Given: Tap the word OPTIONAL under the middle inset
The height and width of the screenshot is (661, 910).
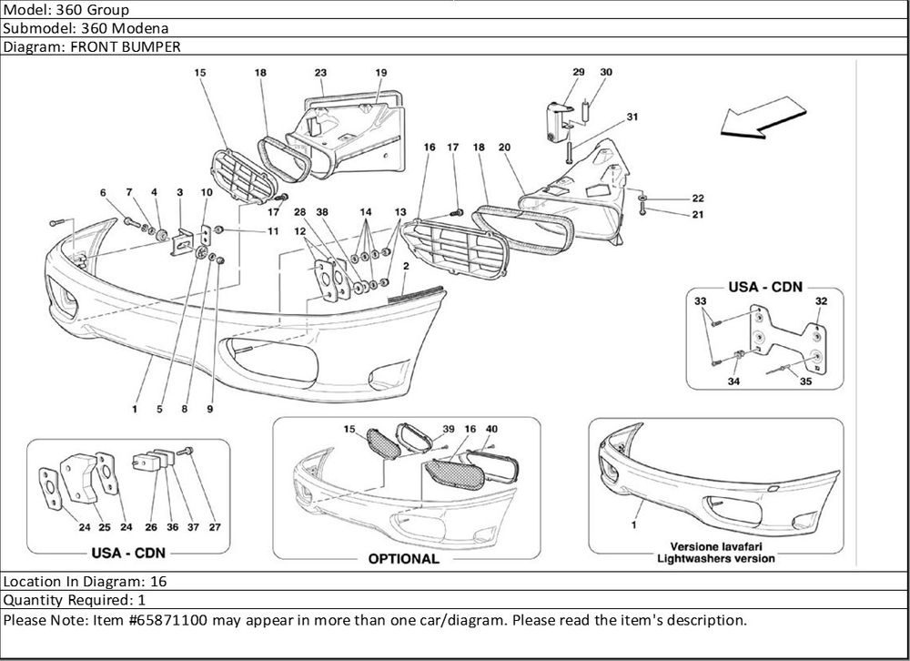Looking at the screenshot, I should coord(404,558).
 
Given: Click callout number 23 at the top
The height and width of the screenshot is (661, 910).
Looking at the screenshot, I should coord(320,72).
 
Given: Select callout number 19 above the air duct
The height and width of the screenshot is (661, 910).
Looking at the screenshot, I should coord(381,72).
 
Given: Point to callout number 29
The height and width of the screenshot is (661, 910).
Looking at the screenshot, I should coord(579,72).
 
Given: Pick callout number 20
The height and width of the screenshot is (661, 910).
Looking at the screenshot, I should coord(504,147).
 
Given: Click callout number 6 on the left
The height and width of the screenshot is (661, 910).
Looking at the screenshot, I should coord(104,192).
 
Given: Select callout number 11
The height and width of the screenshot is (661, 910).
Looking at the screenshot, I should coord(273,232).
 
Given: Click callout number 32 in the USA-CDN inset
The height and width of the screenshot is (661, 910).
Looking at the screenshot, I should coord(821,301).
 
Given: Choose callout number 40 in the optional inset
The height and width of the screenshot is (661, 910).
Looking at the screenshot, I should coord(491,428).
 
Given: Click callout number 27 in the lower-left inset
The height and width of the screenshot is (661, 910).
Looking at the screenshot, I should coord(215,526).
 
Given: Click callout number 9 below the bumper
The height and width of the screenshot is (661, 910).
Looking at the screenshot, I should coord(209,410).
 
